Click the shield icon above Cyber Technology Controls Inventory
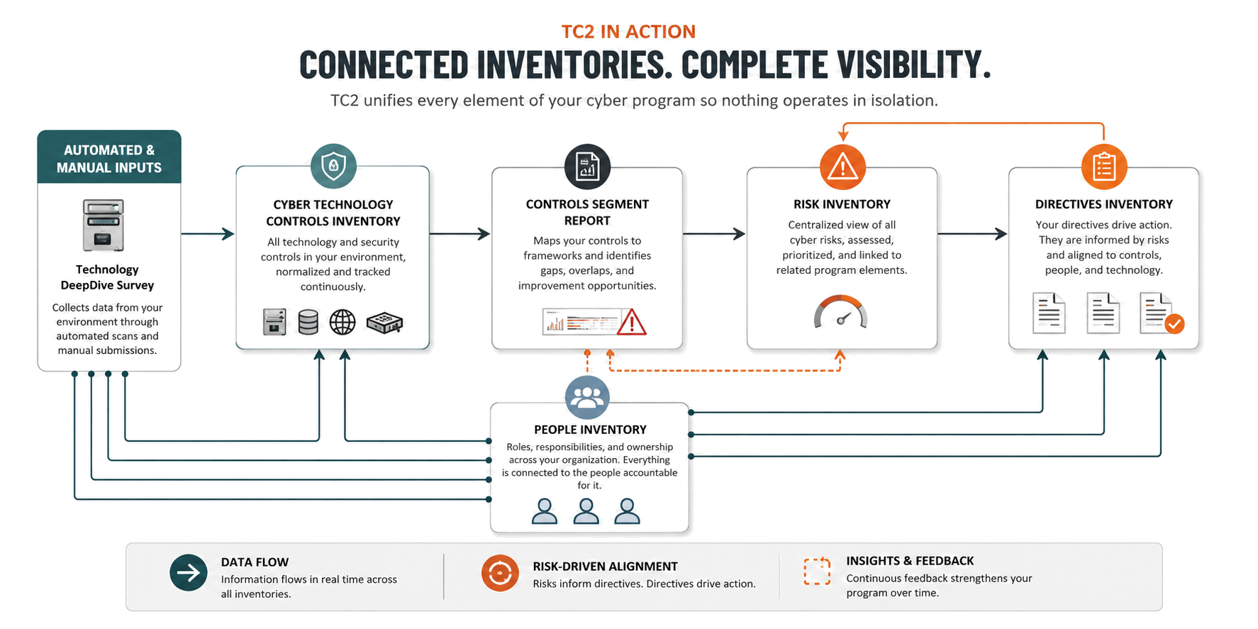(333, 166)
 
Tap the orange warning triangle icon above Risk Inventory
(842, 167)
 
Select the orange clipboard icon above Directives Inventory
(1104, 167)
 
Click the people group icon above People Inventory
(587, 397)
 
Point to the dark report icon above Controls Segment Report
(587, 167)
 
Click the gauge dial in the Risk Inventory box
(841, 313)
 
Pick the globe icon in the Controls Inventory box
(343, 322)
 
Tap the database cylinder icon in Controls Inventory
(308, 322)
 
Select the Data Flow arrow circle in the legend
(189, 572)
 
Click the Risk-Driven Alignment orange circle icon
(500, 573)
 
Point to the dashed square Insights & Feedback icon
(817, 572)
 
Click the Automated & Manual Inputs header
(109, 157)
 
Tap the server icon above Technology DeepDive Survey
(104, 226)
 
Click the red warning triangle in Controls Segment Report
(631, 322)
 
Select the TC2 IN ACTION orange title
(628, 32)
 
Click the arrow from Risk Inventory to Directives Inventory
(972, 233)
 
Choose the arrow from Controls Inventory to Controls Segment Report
(460, 233)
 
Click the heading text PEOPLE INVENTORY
(590, 430)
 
